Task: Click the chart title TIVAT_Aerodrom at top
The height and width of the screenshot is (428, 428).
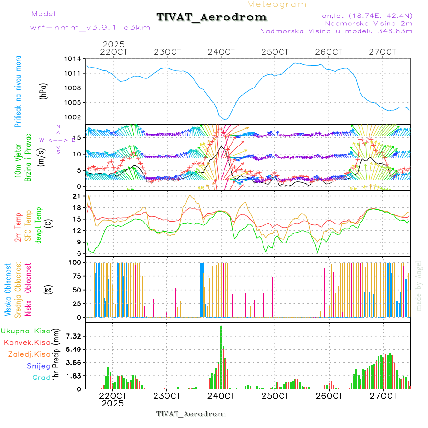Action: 212,17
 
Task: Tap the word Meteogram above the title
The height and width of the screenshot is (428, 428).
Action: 277,4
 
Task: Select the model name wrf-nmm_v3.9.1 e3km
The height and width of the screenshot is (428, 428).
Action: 90,28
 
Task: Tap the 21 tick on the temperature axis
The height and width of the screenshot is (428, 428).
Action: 77,196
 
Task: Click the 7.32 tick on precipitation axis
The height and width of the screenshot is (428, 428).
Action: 73,336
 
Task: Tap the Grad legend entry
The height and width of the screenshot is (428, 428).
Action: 41,378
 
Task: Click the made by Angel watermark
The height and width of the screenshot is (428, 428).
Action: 419,285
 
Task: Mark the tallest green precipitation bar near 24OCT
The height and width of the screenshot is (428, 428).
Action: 221,357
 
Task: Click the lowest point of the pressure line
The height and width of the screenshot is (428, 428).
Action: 226,119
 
